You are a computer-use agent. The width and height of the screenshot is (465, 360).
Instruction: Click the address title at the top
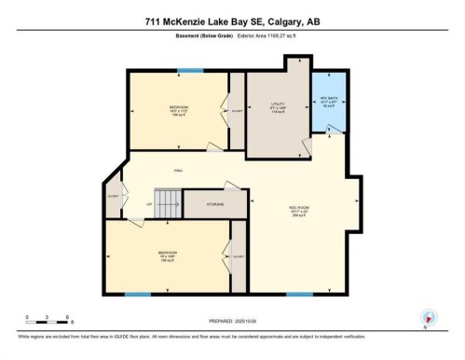coord(232,21)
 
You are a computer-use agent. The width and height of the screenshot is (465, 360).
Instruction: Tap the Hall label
coord(178,170)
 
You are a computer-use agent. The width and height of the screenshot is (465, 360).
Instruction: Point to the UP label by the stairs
coord(149,203)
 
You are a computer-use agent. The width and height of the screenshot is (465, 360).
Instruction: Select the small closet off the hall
coord(113,197)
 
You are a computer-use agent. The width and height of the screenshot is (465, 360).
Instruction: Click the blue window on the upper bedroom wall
coord(191,70)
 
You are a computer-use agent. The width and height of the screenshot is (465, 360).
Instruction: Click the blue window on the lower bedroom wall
coord(138,295)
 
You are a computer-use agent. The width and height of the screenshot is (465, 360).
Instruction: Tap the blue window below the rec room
coord(299,295)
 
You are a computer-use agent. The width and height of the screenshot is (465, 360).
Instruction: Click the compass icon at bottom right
coord(428,317)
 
